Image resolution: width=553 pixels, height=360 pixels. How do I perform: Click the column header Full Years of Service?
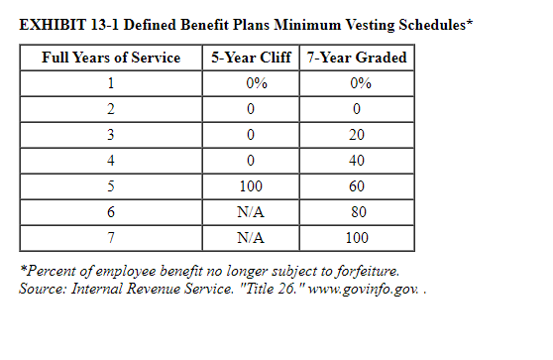coord(111,58)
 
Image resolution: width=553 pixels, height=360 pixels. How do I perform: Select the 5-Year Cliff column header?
coord(251,58)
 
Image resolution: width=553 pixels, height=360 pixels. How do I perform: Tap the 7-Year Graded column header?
coord(358,58)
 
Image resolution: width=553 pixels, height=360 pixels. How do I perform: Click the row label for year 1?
coord(111,83)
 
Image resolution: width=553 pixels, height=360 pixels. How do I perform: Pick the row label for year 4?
coord(111,161)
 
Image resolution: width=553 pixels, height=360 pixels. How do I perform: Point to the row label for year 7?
coord(111,238)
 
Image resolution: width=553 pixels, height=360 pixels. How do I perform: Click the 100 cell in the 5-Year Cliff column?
coord(251,186)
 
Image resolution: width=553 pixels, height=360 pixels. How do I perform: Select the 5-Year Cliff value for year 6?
coord(251,212)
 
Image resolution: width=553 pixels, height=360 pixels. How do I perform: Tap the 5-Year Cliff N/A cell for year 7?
coord(251,238)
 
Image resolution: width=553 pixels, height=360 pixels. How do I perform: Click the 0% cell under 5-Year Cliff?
coord(251,83)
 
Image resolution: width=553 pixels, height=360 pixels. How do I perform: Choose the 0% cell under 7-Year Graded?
coord(358,83)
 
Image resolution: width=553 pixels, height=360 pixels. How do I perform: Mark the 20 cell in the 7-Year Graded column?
coord(358,135)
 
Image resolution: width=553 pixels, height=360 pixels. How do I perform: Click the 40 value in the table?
coord(358,161)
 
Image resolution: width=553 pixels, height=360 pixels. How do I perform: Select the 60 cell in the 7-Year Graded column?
coord(358,186)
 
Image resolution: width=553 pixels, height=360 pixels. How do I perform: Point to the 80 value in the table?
coord(358,212)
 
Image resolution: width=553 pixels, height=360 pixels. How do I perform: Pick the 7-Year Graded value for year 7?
coord(358,238)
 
